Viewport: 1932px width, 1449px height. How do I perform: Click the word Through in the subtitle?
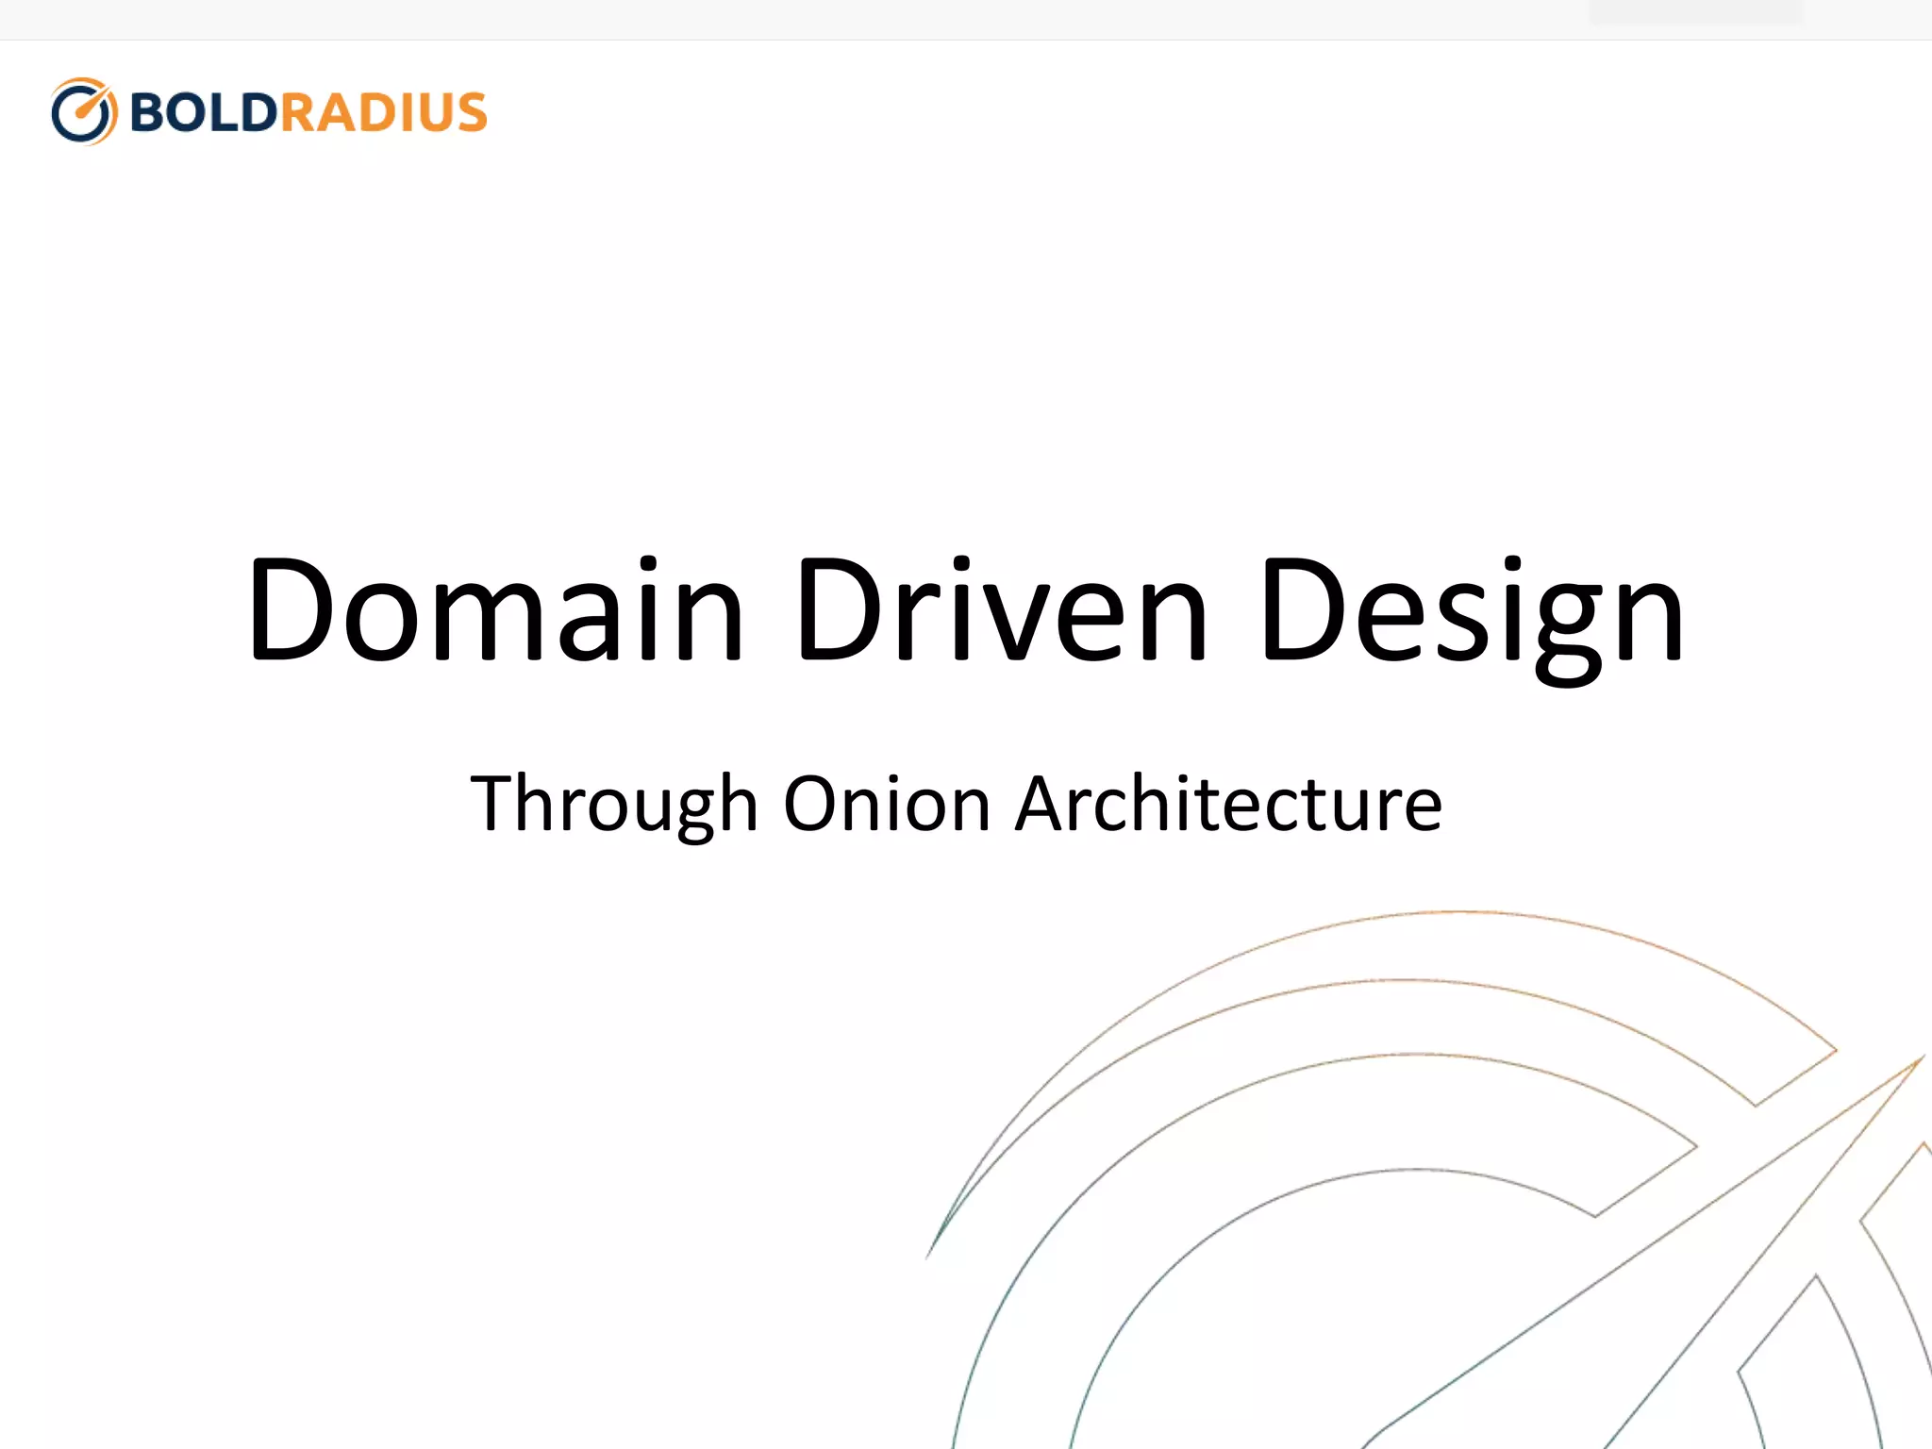click(614, 804)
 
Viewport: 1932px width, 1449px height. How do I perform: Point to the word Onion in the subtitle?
click(887, 804)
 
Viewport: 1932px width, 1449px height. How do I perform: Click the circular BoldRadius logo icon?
click(84, 111)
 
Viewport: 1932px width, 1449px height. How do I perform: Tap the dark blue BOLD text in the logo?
click(203, 112)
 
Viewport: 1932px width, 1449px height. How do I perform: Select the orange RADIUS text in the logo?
click(383, 112)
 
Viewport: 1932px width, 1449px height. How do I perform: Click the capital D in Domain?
click(289, 609)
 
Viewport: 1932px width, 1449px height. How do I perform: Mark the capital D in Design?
click(1302, 609)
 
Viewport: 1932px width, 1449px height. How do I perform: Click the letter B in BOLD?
click(149, 112)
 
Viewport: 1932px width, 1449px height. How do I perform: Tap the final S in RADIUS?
click(469, 112)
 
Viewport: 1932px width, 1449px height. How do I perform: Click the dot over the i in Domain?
click(647, 564)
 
